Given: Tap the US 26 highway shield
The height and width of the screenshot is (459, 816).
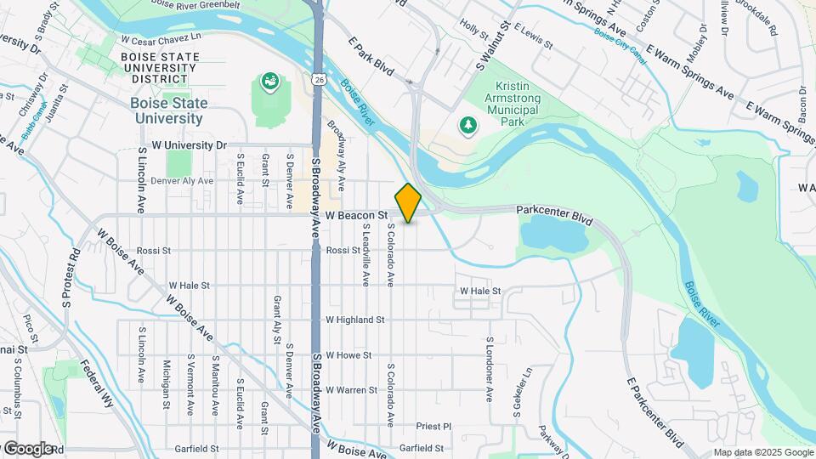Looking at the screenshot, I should point(317,79).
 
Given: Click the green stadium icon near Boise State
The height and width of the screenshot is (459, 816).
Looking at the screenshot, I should point(270,82).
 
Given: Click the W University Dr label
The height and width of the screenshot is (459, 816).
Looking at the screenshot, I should point(190,145).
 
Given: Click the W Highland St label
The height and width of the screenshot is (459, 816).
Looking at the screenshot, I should point(355,320).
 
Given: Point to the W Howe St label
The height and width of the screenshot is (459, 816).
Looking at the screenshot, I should point(348,354).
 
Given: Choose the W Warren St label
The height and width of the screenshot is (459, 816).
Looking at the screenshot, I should point(351,390).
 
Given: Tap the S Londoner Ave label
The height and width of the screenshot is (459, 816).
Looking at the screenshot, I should point(490,369).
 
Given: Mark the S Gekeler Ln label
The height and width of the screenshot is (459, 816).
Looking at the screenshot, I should point(516,391).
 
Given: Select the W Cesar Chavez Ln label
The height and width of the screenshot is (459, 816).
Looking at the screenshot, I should point(161,38).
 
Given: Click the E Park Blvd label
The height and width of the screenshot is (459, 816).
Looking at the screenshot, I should point(371,56).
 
